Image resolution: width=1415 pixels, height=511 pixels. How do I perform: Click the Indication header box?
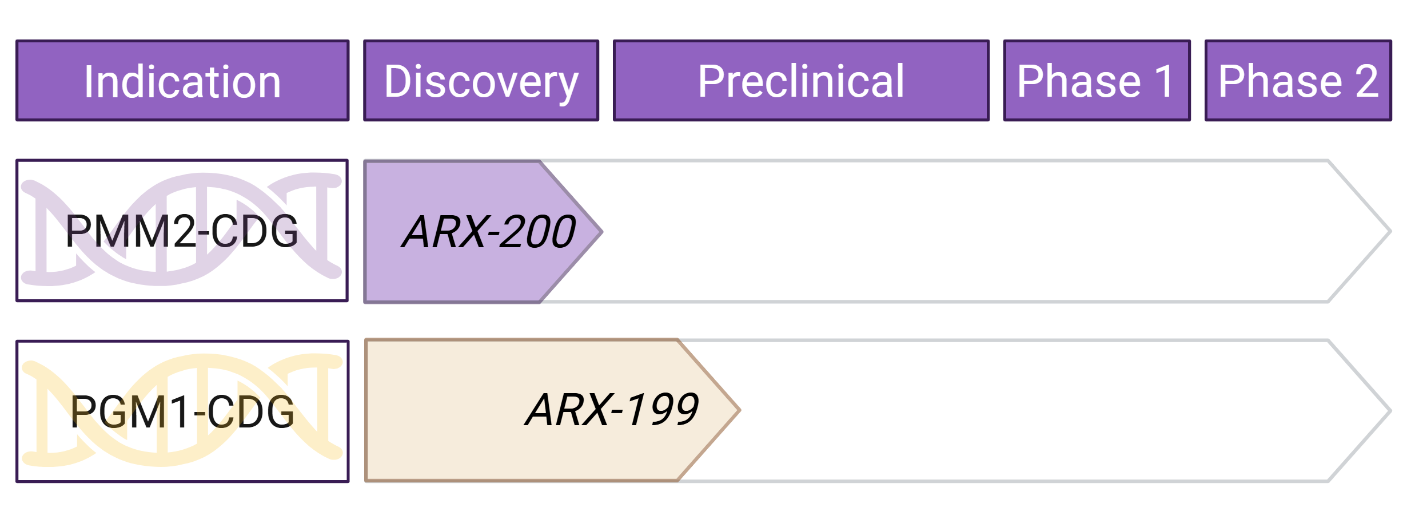(182, 81)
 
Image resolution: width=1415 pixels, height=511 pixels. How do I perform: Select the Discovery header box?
(481, 81)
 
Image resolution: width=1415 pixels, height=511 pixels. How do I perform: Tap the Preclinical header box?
(800, 81)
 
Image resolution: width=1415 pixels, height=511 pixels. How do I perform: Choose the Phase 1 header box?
(1097, 81)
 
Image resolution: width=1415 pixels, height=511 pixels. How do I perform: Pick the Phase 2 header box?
(1298, 81)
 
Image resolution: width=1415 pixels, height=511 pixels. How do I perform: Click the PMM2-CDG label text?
(182, 231)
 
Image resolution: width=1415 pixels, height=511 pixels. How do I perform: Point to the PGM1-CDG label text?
(182, 412)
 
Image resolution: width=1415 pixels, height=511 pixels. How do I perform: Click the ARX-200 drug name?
(489, 232)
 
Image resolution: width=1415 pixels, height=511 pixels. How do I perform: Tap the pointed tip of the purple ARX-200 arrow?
(600, 232)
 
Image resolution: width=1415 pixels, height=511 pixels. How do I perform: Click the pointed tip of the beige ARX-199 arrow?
(738, 410)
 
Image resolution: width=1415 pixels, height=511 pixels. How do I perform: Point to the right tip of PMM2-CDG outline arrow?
(1389, 232)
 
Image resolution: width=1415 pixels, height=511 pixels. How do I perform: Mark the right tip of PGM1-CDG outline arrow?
(1389, 410)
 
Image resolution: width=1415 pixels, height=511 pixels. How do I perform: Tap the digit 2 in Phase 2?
(1366, 81)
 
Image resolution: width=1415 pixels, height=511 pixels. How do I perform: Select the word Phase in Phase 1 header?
(1079, 81)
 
